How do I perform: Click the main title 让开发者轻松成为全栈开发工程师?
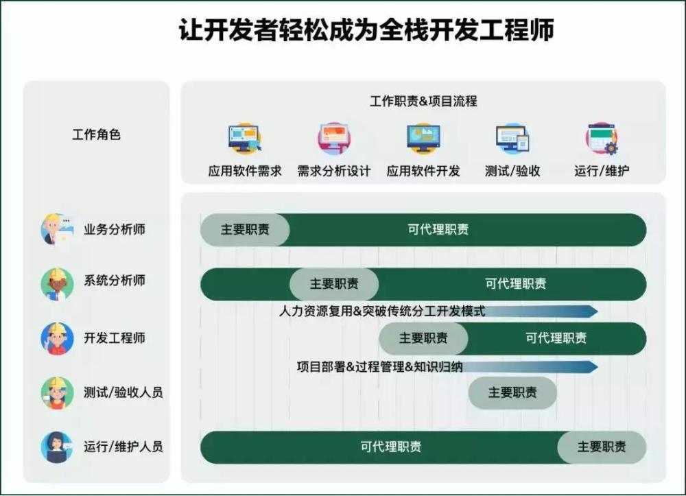(366, 29)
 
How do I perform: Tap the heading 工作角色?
(96, 134)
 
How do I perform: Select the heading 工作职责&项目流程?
(423, 101)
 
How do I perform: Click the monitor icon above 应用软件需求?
(245, 138)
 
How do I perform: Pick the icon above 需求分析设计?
(334, 138)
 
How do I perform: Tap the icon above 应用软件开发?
(423, 138)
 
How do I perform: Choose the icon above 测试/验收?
(512, 138)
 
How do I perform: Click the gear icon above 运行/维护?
(611, 147)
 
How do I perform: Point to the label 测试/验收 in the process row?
(512, 171)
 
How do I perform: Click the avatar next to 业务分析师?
(57, 230)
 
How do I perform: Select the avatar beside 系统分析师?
(57, 284)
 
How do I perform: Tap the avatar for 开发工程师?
(57, 338)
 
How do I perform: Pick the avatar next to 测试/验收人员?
(57, 393)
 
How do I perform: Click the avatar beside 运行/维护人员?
(57, 447)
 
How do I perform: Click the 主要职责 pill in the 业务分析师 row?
(245, 230)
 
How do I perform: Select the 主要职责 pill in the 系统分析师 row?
(334, 284)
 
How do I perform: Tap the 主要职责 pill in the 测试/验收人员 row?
(512, 393)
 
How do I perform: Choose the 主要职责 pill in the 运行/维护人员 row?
(602, 447)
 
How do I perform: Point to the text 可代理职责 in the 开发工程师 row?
(556, 338)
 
